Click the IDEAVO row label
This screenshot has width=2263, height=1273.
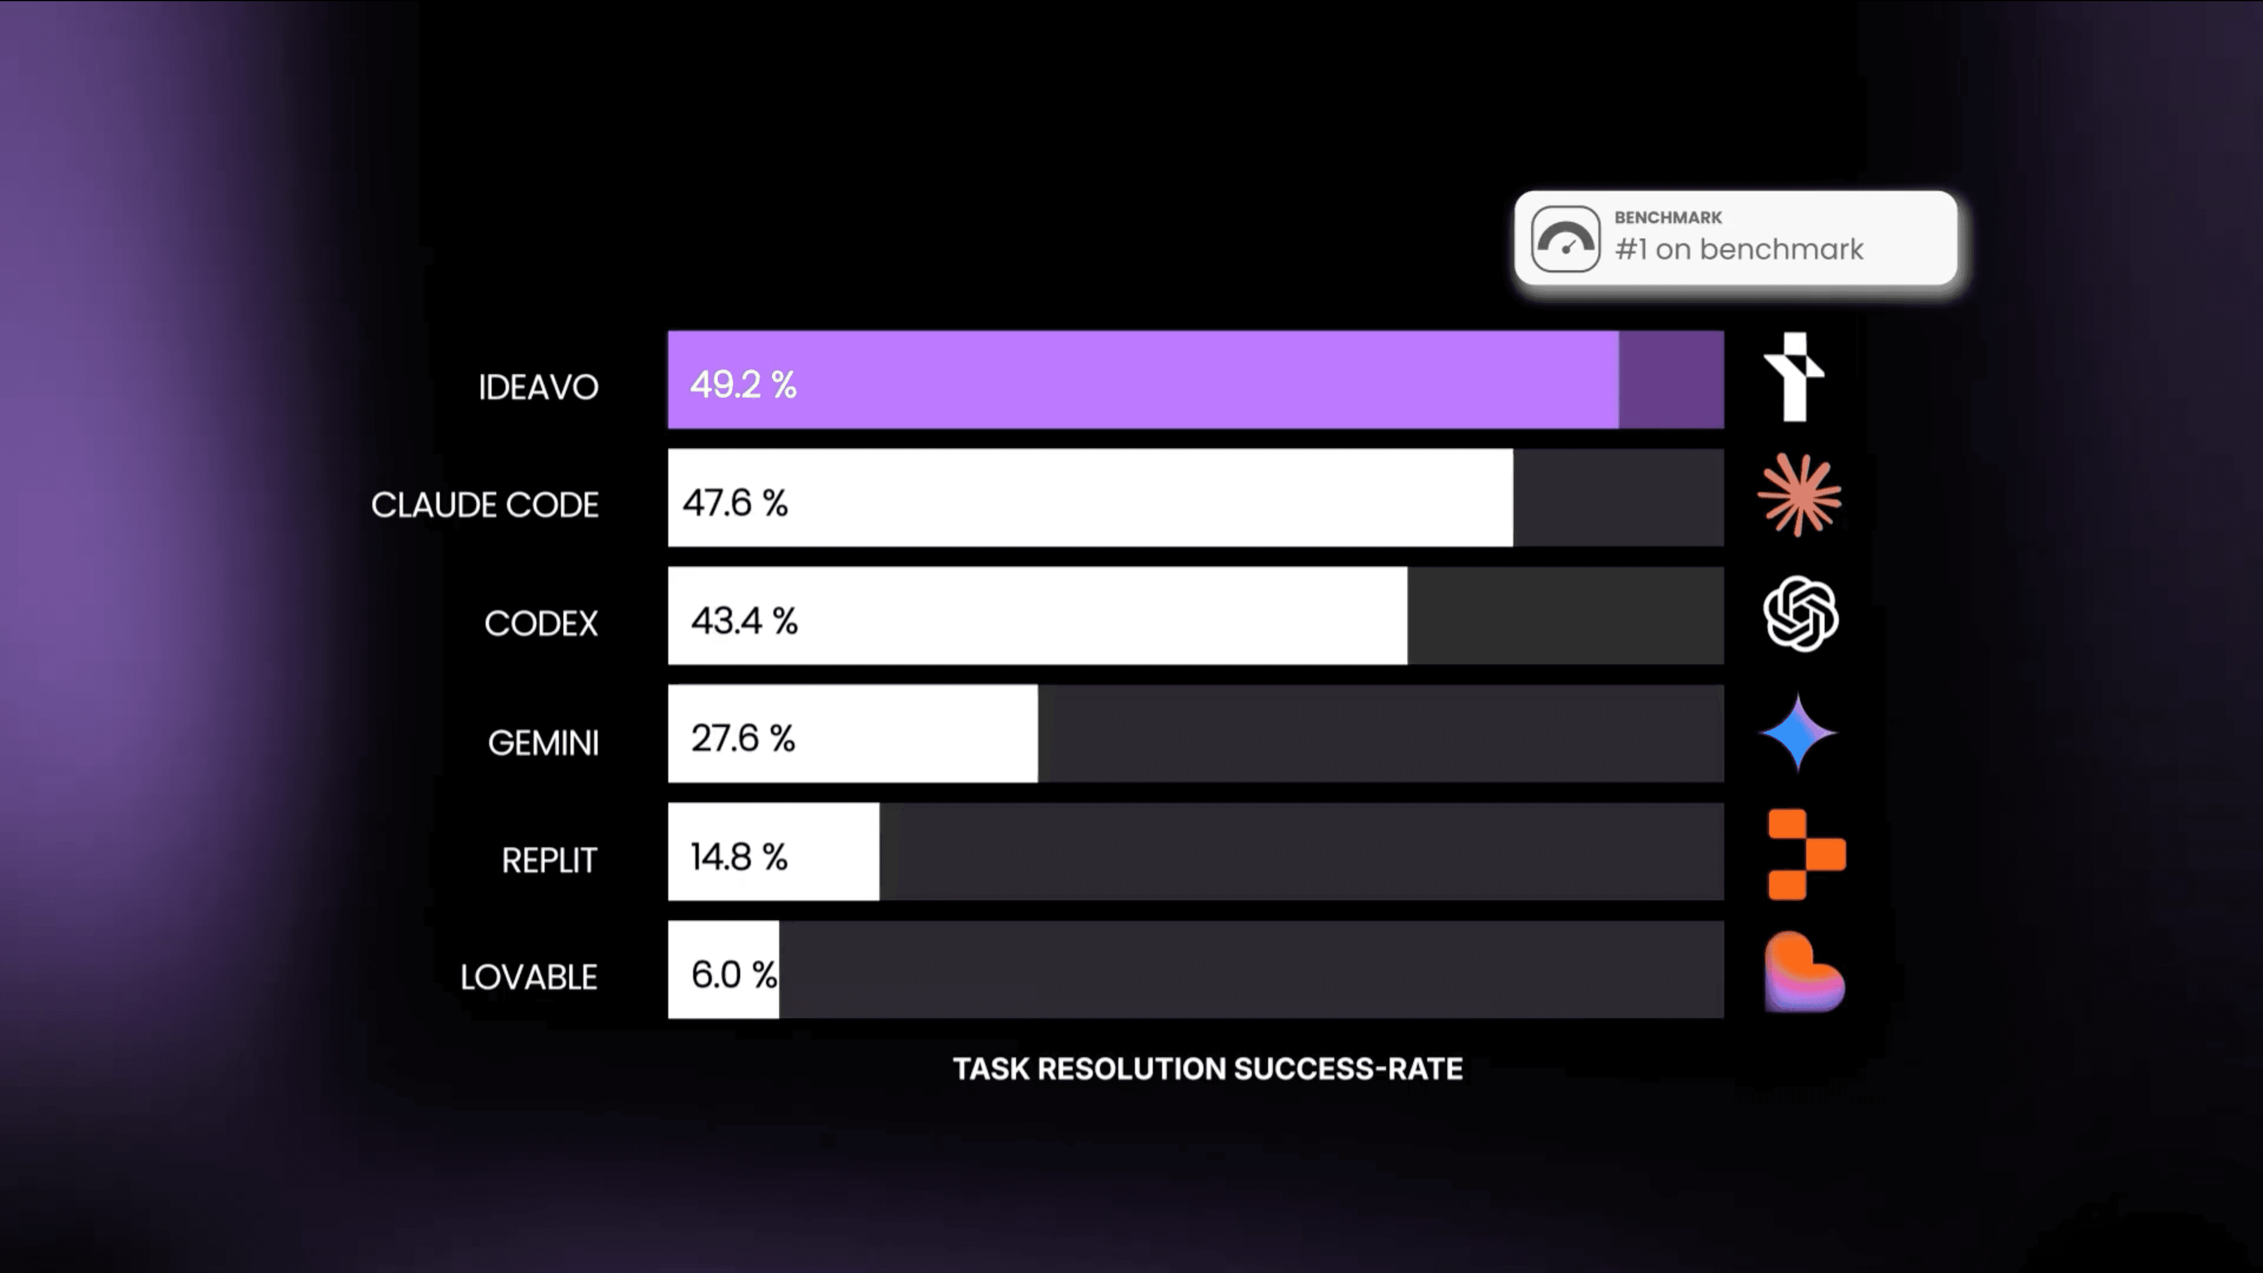(537, 387)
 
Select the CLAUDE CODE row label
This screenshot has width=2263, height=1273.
(485, 505)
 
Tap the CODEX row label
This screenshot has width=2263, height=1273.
(540, 624)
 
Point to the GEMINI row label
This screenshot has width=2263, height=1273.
(543, 743)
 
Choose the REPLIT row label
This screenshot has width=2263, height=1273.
(549, 860)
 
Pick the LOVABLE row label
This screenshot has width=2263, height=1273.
(529, 977)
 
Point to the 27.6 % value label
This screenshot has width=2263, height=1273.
(743, 738)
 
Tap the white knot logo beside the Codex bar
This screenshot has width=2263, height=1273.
(1800, 614)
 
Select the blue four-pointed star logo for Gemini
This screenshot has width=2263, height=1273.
(1798, 733)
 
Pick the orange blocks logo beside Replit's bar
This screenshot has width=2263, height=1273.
(1805, 855)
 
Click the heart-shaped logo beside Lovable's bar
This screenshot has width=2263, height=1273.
(1803, 972)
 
